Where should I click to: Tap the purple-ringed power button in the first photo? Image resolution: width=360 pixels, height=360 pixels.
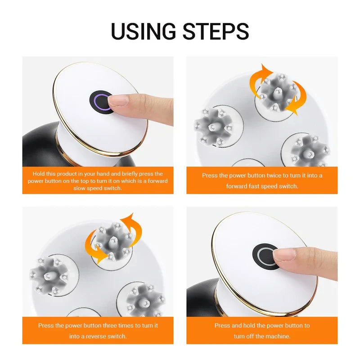102,100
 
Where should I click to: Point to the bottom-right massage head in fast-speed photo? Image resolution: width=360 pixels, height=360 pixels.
310,150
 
